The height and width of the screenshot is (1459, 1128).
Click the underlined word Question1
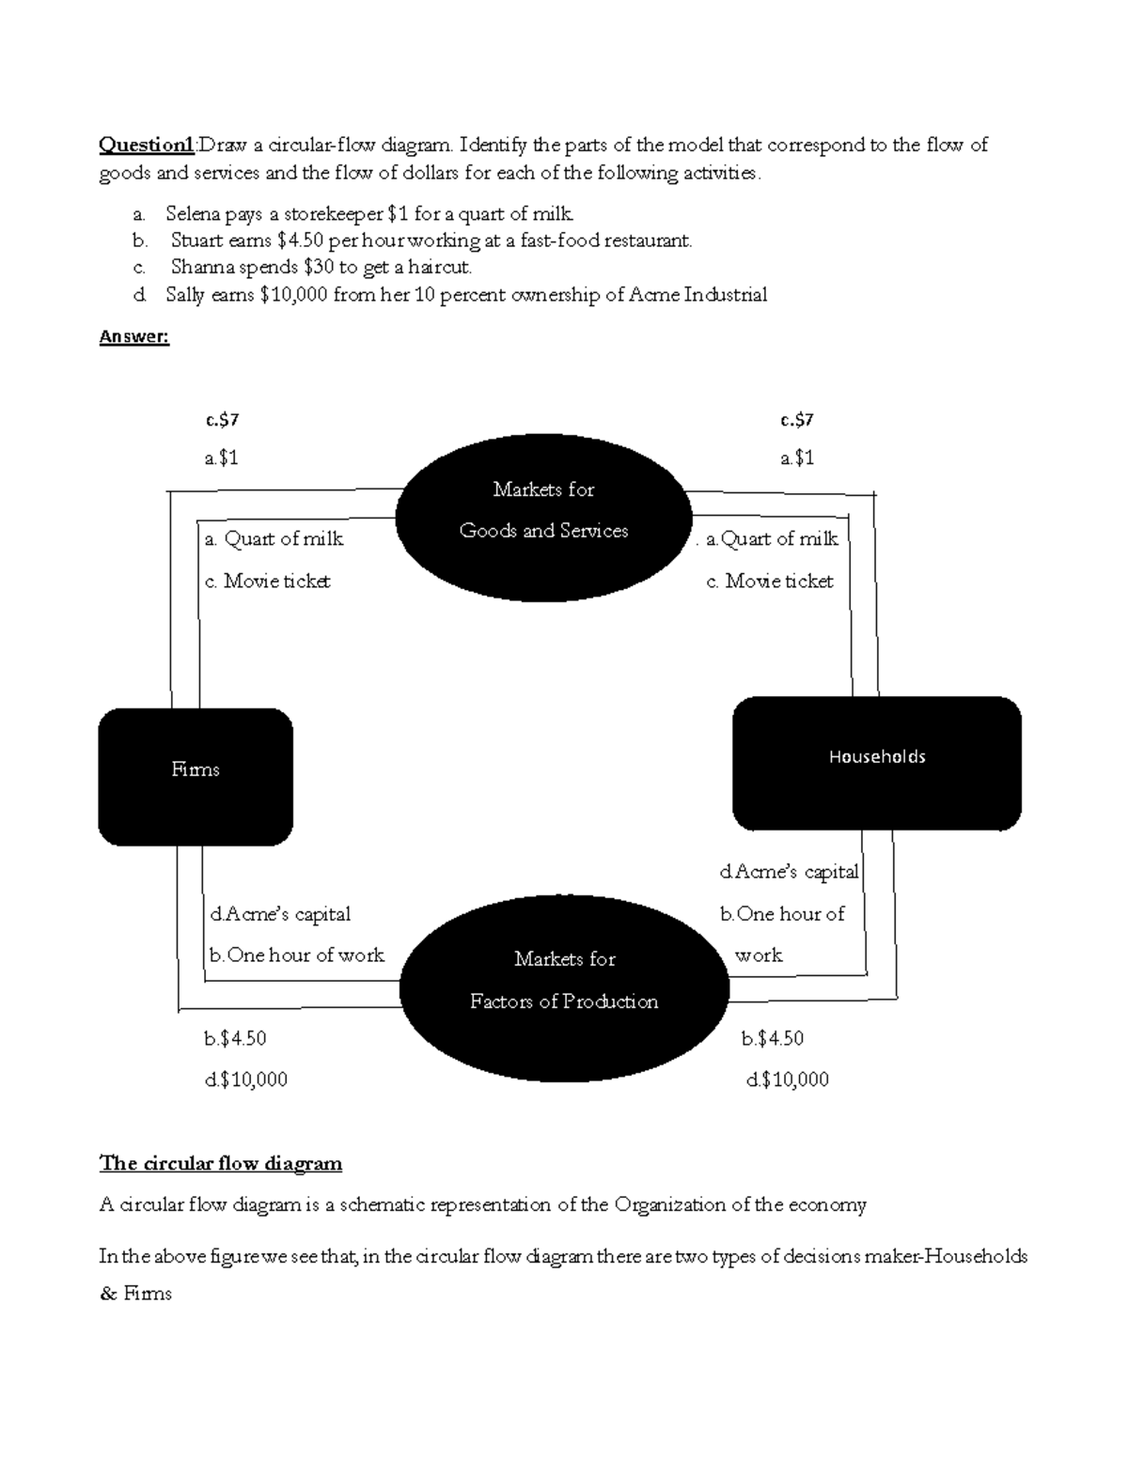pyautogui.click(x=147, y=145)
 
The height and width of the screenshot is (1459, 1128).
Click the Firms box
pyautogui.click(x=196, y=776)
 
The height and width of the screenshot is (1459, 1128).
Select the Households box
pyautogui.click(x=876, y=763)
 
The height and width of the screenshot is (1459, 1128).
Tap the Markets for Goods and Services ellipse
pyautogui.click(x=543, y=516)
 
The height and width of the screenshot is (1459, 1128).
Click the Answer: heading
pyautogui.click(x=133, y=337)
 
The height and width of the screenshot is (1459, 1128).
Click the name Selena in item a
pyautogui.click(x=193, y=214)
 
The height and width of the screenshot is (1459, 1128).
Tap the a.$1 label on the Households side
pyautogui.click(x=796, y=458)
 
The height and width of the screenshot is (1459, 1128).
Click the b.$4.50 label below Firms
pyautogui.click(x=235, y=1039)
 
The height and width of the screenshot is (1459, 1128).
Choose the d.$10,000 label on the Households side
pyautogui.click(x=787, y=1080)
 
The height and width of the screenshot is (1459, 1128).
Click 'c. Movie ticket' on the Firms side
pyautogui.click(x=267, y=582)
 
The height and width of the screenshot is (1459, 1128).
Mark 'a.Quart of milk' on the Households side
pyautogui.click(x=772, y=539)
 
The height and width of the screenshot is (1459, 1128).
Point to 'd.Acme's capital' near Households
pyautogui.click(x=789, y=873)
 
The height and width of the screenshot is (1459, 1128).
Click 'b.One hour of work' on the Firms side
pyautogui.click(x=296, y=955)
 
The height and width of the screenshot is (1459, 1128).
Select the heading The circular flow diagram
pyautogui.click(x=221, y=1164)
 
